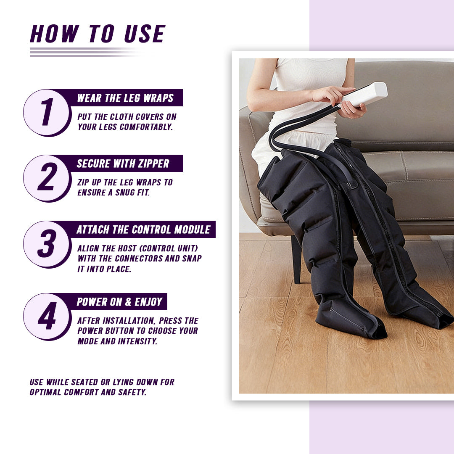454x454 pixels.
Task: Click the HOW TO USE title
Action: tap(98, 34)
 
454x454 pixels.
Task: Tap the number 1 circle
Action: tap(46, 113)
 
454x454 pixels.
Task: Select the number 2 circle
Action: tap(46, 178)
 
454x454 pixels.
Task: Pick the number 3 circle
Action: tap(46, 244)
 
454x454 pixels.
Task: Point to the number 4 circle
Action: tap(46, 317)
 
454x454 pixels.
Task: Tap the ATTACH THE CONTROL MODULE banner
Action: tap(143, 230)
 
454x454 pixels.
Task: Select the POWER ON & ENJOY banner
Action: tap(119, 302)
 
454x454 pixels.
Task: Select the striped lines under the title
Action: tap(84, 52)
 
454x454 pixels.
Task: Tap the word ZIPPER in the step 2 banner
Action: tap(153, 164)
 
